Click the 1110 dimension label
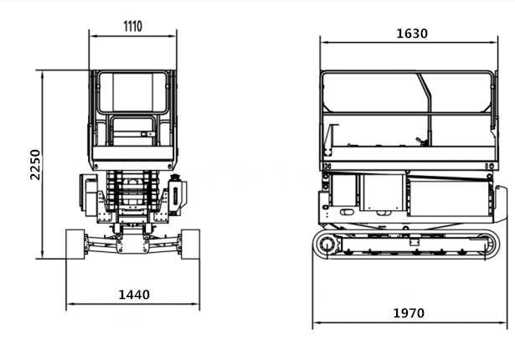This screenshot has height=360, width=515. pyautogui.click(x=132, y=26)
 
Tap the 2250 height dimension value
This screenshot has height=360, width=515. pyautogui.click(x=35, y=165)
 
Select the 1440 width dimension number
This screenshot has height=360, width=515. pyautogui.click(x=134, y=295)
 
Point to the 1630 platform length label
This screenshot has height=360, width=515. pyautogui.click(x=412, y=33)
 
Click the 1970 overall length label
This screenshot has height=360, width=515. pyautogui.click(x=409, y=313)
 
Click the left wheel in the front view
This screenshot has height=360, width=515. pyautogui.click(x=75, y=244)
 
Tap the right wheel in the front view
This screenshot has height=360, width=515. pyautogui.click(x=190, y=244)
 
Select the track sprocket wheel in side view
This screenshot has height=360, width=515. pyautogui.click(x=327, y=244)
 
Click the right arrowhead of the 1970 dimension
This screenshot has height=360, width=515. pyautogui.click(x=503, y=322)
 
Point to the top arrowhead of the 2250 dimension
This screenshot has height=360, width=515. pyautogui.click(x=43, y=75)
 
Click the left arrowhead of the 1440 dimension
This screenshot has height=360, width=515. pyautogui.click(x=70, y=304)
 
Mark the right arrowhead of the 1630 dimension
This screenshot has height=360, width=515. pyautogui.click(x=494, y=42)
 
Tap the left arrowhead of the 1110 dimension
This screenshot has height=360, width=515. pyautogui.click(x=94, y=36)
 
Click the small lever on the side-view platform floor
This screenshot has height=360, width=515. pyautogui.click(x=421, y=141)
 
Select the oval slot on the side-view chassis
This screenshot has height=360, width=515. pyautogui.click(x=347, y=212)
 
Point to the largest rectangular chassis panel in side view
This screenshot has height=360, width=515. pyautogui.click(x=449, y=197)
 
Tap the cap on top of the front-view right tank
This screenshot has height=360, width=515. pyautogui.click(x=175, y=177)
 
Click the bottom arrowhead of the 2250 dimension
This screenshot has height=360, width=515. pyautogui.click(x=43, y=255)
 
